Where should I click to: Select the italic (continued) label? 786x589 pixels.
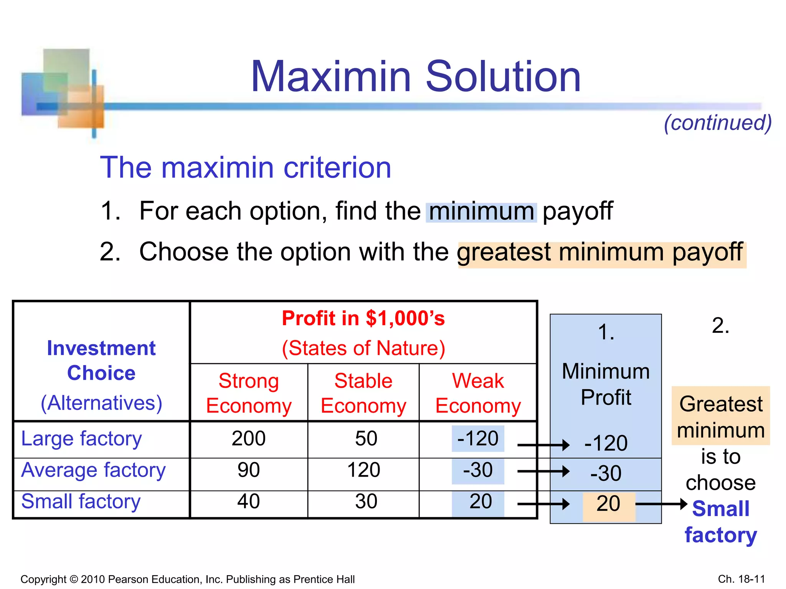[718, 123]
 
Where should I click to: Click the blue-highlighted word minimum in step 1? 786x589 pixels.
[481, 212]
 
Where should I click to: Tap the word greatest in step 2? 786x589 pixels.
[504, 252]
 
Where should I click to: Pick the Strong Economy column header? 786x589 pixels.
[249, 393]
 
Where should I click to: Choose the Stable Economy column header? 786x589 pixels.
[363, 393]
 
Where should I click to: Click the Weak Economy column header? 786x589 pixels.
[478, 393]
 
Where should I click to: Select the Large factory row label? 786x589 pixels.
[81, 439]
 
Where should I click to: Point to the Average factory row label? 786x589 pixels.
[93, 470]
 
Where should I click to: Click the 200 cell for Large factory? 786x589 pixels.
[249, 439]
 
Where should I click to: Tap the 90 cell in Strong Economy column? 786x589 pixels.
[249, 470]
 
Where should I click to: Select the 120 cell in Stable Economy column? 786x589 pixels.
[363, 470]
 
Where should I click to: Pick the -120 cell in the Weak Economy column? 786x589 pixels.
[478, 439]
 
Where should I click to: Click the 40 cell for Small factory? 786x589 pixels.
[249, 502]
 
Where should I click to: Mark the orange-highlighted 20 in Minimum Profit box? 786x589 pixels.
[608, 504]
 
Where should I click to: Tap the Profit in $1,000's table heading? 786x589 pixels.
[363, 318]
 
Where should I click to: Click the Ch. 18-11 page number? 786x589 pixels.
[741, 579]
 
